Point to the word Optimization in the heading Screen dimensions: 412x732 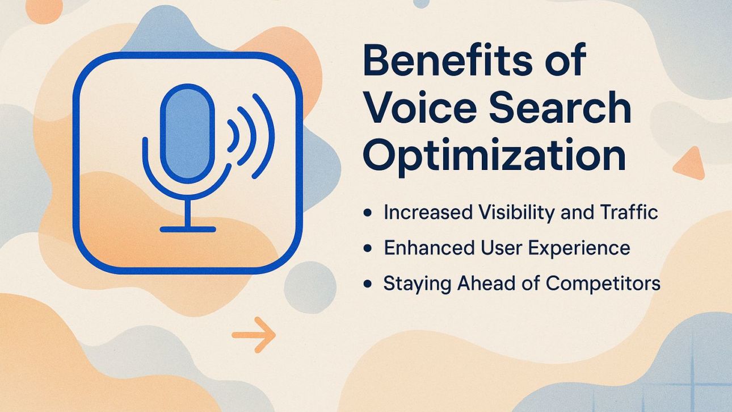click(x=494, y=156)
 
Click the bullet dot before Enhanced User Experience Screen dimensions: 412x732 click(x=368, y=249)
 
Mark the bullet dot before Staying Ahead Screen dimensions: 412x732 click(x=368, y=284)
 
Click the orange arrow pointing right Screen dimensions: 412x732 click(x=254, y=335)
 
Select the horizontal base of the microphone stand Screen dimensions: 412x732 click(x=187, y=229)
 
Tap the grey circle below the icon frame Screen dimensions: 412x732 click(x=309, y=287)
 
